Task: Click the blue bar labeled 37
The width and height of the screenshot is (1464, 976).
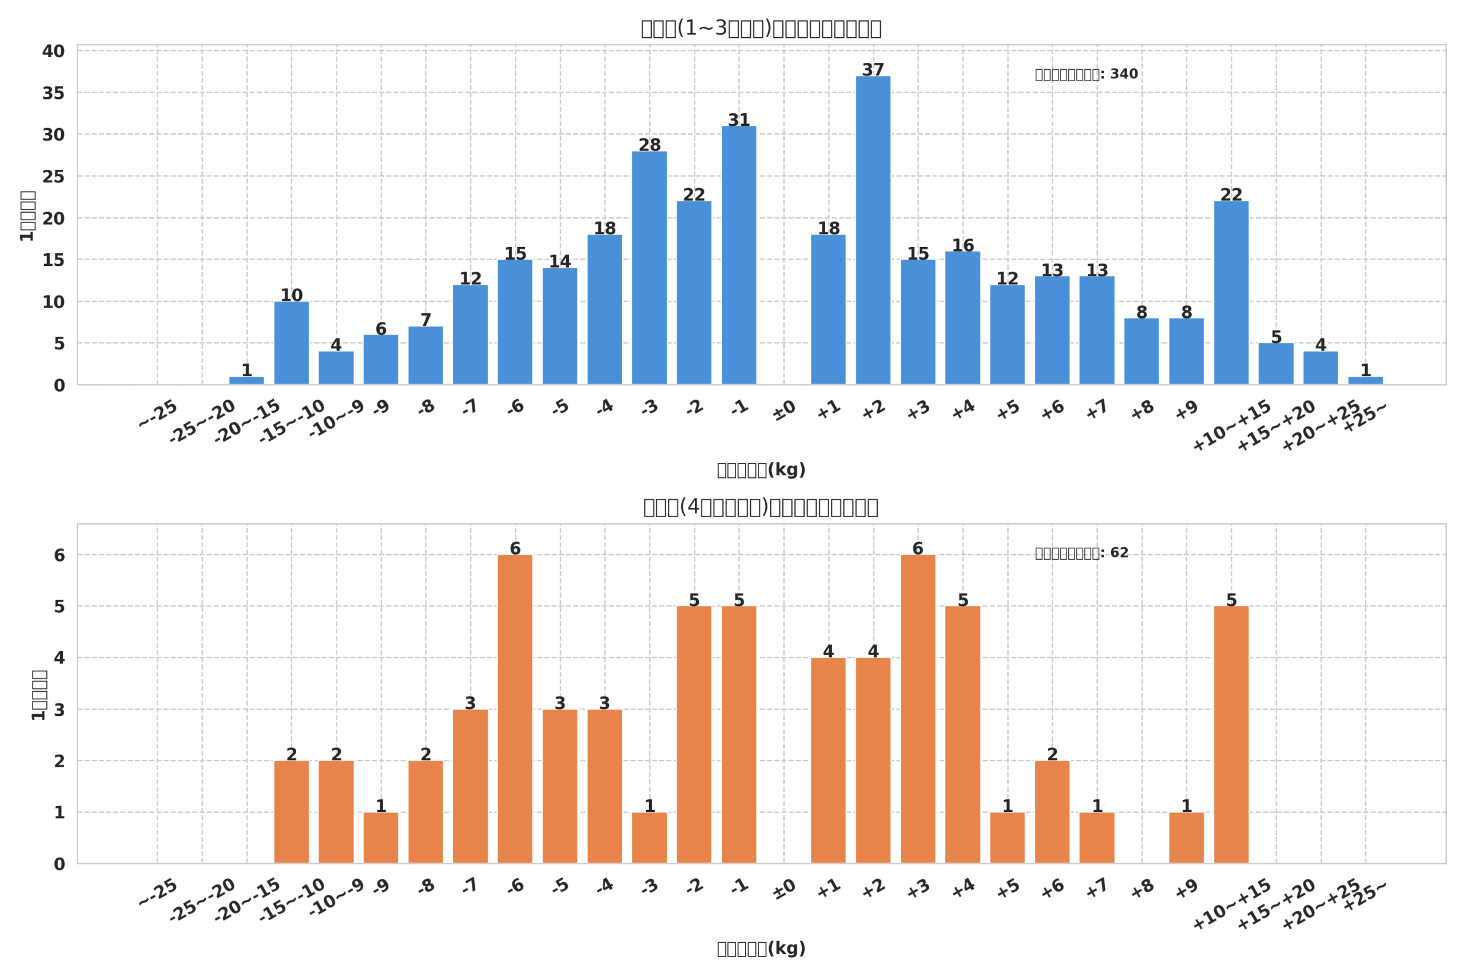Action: tap(873, 230)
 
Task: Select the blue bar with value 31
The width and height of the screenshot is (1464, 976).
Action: tap(739, 255)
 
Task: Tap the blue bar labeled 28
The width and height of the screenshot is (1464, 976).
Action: tap(649, 268)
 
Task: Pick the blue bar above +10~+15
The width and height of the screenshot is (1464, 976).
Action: tap(1231, 293)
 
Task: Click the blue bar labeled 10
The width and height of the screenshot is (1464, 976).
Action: tap(291, 343)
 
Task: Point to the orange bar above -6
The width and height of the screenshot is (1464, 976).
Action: tap(515, 709)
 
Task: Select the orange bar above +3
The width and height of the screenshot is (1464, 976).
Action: tap(917, 709)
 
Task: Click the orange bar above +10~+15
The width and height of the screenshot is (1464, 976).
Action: tap(1231, 735)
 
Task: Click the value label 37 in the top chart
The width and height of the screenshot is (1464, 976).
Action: tap(873, 70)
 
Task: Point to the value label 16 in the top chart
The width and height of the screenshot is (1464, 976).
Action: tap(962, 245)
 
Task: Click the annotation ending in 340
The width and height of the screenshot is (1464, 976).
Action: tap(1086, 74)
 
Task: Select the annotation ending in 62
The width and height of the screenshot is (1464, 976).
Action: tap(1081, 553)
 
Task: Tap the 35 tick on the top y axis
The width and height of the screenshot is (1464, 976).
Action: tap(54, 93)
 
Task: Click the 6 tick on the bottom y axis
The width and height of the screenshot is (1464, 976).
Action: tap(59, 555)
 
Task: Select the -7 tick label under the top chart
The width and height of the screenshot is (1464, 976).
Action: tap(470, 407)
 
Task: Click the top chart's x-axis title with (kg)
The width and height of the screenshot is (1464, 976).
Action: tap(761, 470)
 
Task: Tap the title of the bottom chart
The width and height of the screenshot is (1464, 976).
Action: tap(761, 507)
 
